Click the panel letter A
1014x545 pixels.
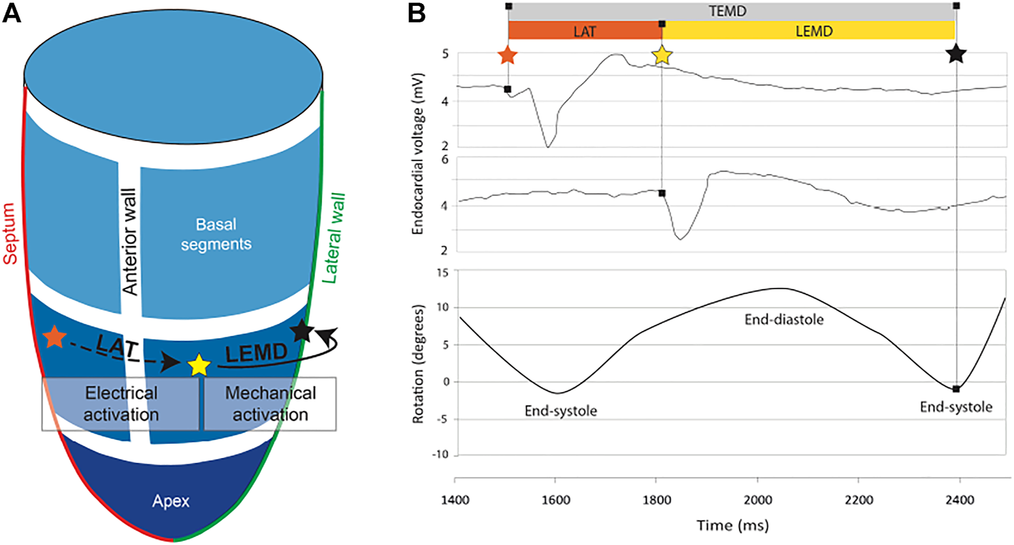tap(12, 12)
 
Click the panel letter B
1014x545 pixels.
tap(418, 12)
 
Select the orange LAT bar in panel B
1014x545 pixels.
tap(585, 30)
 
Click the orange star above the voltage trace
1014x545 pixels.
tap(508, 55)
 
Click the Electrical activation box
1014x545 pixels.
tap(121, 403)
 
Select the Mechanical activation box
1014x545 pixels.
tap(270, 403)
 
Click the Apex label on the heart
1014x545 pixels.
tap(171, 501)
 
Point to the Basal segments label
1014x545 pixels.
tap(216, 234)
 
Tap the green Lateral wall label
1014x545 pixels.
tap(335, 238)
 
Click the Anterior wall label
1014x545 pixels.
tap(129, 241)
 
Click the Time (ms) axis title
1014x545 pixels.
tap(732, 525)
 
